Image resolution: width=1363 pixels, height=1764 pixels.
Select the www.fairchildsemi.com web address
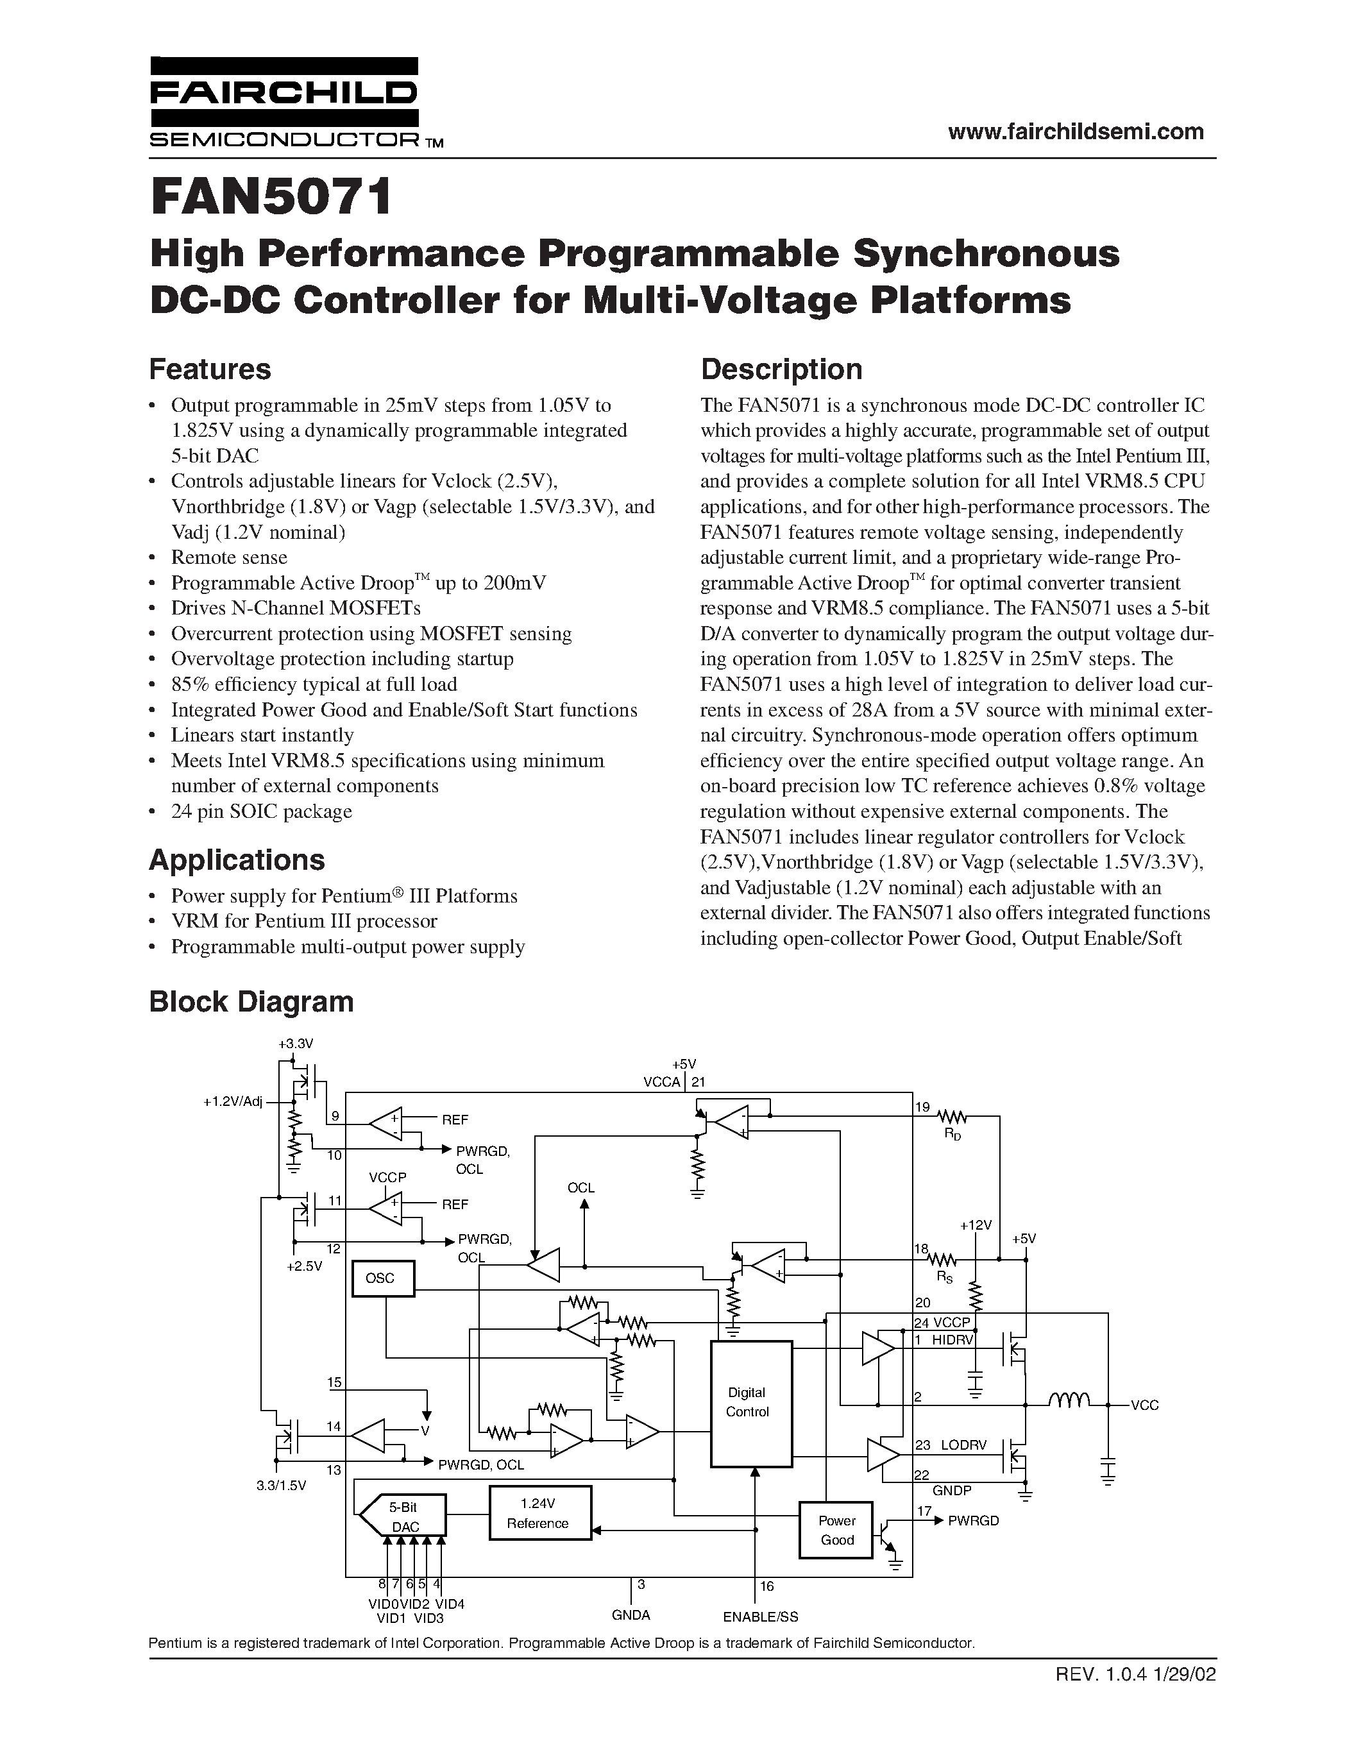(1076, 131)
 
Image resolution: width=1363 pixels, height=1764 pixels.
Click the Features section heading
(210, 369)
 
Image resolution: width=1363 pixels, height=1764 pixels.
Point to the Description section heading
(781, 369)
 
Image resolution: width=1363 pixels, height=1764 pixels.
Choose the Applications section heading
(237, 860)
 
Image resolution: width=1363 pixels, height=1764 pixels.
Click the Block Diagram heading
(251, 1001)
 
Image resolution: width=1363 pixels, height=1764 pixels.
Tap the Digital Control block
(750, 1403)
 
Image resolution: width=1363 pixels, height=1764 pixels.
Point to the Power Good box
(836, 1529)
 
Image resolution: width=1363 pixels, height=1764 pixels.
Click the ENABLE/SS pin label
(760, 1616)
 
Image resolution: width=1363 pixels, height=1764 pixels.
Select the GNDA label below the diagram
(631, 1615)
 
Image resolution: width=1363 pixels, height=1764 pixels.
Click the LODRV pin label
(963, 1445)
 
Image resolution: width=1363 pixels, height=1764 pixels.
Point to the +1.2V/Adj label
(233, 1101)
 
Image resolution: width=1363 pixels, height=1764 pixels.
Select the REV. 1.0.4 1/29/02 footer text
(1135, 1674)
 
